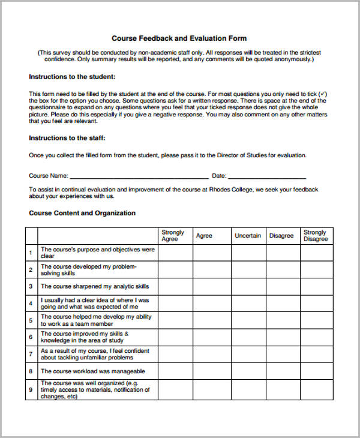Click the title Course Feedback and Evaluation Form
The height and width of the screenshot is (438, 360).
(179, 38)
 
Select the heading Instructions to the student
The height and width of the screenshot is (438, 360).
(72, 77)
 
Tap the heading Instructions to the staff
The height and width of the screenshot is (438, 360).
(67, 138)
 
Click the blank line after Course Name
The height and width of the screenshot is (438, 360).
(139, 176)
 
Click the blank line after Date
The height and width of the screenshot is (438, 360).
(267, 176)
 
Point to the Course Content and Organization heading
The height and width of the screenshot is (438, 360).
(82, 213)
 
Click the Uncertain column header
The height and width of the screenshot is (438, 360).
(248, 236)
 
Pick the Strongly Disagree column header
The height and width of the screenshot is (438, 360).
(316, 236)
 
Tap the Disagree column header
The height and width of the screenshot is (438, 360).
(281, 236)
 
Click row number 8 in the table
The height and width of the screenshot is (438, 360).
(31, 371)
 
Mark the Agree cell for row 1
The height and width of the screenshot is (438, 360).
(212, 253)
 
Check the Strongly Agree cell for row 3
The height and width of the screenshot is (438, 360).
(175, 287)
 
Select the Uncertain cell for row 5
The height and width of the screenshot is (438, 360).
(248, 320)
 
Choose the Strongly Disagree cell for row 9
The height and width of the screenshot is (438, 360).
(316, 389)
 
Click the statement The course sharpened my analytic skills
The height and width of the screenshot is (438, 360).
(95, 287)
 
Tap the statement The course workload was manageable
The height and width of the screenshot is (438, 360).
(92, 371)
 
